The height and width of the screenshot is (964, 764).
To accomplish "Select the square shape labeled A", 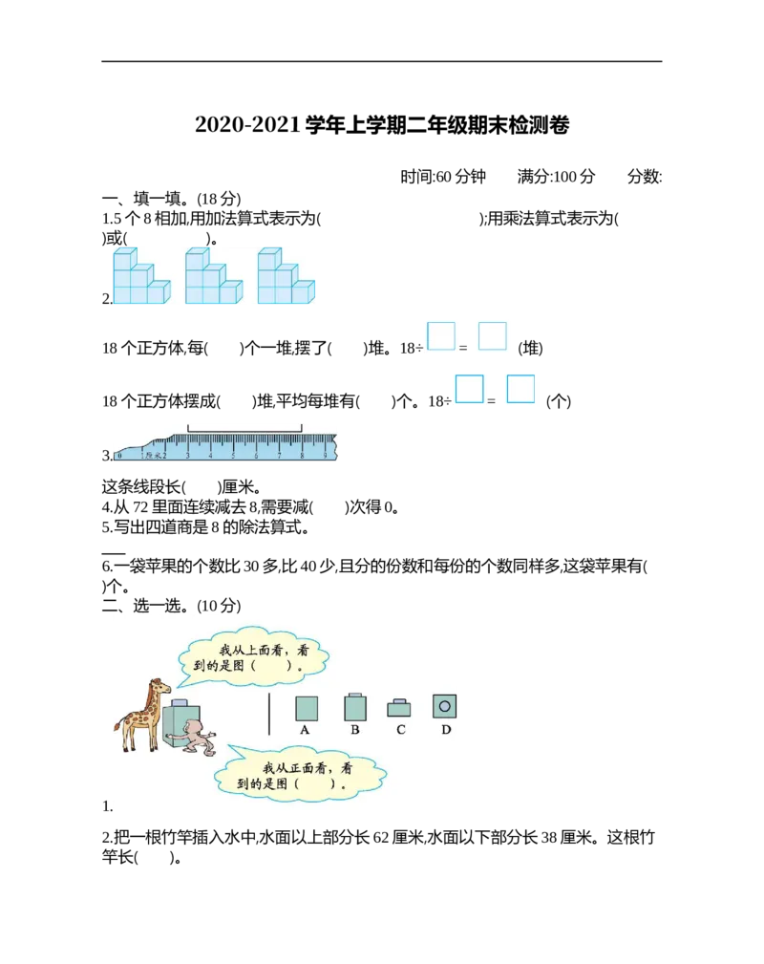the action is point(307,708).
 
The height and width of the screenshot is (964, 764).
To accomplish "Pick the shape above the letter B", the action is point(355,706).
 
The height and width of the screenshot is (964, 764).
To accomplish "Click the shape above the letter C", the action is point(399,708).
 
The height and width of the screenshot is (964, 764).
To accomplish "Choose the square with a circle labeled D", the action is point(444,706).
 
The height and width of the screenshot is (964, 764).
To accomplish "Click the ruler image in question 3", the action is point(225,446).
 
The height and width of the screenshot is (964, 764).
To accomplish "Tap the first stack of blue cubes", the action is point(141,276).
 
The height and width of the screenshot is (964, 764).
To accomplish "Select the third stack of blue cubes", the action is point(286,276).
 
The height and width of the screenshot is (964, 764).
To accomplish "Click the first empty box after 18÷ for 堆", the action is point(441,336).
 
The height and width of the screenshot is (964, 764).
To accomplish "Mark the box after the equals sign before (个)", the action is point(520,389).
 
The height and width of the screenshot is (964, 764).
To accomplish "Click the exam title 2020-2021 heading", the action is point(382,125).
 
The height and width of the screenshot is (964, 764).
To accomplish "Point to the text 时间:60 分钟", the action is point(442,177).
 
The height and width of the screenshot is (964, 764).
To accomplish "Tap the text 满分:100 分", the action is point(556,177).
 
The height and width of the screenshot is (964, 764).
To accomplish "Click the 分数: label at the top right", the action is point(644,177).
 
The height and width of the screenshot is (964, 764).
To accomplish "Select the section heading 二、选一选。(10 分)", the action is point(172,606).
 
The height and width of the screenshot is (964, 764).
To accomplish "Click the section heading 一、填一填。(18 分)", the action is point(172,199).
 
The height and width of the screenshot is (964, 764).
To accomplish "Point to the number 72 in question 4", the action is point(140,507).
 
